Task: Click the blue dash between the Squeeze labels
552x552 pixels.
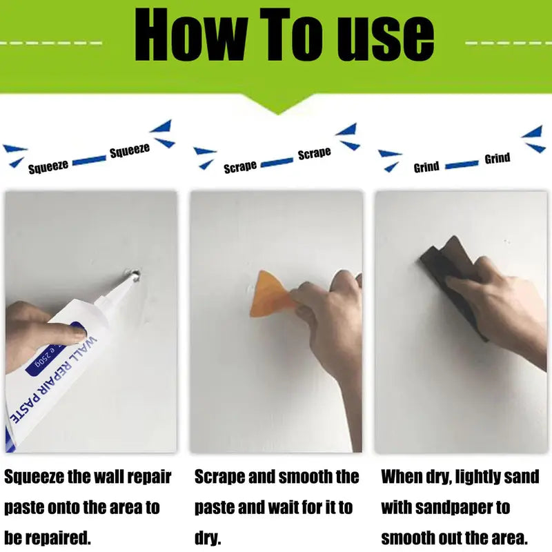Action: (x=89, y=160)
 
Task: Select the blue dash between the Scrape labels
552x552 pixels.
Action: (x=277, y=162)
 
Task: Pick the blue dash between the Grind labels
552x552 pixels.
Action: (x=462, y=165)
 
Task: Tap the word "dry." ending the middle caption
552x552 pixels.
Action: (x=208, y=538)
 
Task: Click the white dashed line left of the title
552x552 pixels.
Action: (x=51, y=43)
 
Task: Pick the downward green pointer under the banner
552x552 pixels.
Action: (x=278, y=104)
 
